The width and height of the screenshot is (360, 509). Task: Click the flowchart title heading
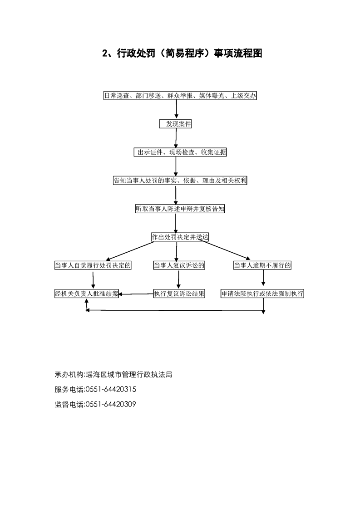[182, 53]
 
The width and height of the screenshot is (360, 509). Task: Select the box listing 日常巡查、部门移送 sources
[180, 95]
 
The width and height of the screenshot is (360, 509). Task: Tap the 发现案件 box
[175, 124]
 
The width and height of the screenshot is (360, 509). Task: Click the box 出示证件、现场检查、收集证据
[180, 152]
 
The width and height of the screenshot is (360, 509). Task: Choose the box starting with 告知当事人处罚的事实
[180, 181]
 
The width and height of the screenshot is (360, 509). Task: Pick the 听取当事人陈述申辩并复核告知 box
[180, 209]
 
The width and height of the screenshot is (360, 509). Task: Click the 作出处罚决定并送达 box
[180, 237]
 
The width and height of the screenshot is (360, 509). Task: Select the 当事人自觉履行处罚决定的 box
[93, 265]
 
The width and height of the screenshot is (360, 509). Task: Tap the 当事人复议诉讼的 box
[179, 265]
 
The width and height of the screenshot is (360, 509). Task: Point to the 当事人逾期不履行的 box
[262, 265]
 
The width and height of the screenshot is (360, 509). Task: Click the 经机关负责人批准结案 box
[86, 294]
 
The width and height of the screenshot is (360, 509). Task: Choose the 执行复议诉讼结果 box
[179, 294]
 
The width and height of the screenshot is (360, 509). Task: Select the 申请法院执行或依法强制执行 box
[262, 294]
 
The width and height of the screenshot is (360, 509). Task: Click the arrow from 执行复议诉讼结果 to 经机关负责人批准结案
[136, 294]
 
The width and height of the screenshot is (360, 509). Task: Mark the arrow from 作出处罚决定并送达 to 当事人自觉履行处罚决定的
[130, 250]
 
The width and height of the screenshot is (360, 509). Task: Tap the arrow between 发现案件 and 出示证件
[176, 138]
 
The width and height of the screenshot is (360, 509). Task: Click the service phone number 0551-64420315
[110, 389]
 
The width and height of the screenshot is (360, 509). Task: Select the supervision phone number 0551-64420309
[110, 404]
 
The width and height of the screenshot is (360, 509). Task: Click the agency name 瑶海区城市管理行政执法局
[128, 374]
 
